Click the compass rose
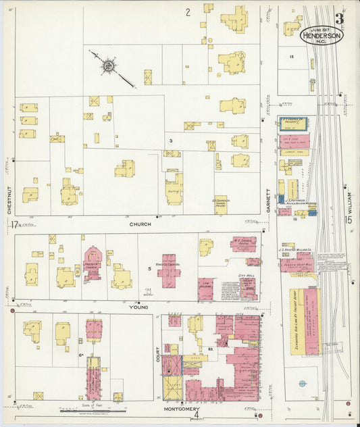click(x=107, y=66)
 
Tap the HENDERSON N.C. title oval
click(x=322, y=34)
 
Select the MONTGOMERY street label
click(x=181, y=409)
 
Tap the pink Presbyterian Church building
click(x=93, y=263)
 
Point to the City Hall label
click(x=247, y=276)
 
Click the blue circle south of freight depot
click(x=302, y=384)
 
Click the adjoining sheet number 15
click(x=348, y=220)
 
